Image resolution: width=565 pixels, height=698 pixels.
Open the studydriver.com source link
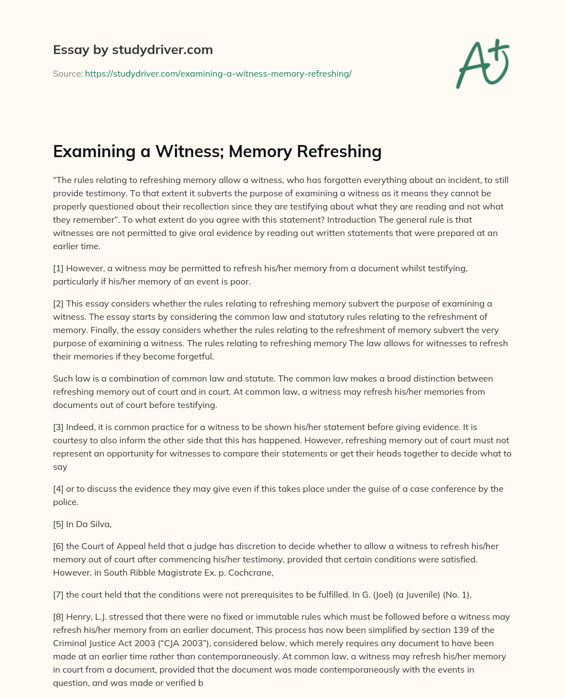pyautogui.click(x=218, y=73)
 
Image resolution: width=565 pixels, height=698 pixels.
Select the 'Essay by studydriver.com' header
pyautogui.click(x=132, y=50)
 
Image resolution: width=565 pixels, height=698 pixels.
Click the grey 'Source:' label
pyautogui.click(x=67, y=73)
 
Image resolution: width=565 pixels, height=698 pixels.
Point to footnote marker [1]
pyautogui.click(x=58, y=268)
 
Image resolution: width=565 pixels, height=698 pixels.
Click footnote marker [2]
pyautogui.click(x=58, y=303)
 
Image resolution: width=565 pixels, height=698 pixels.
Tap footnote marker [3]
pyautogui.click(x=58, y=427)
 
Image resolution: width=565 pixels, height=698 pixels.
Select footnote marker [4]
pyautogui.click(x=58, y=488)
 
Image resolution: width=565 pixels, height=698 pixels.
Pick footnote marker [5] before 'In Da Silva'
pyautogui.click(x=58, y=524)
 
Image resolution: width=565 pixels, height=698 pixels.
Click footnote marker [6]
pyautogui.click(x=58, y=546)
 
